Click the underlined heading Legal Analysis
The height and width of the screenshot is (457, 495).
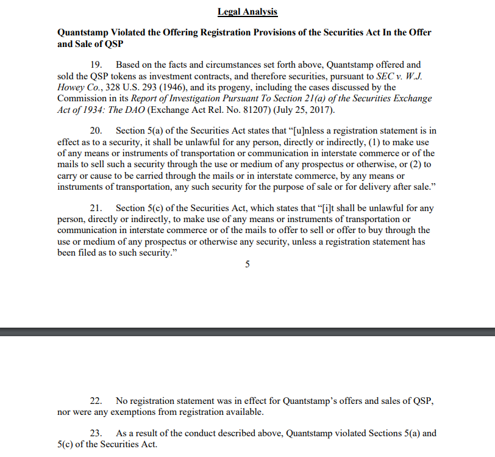click(247, 12)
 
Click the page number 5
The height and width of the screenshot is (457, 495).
click(247, 264)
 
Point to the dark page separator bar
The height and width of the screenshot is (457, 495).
click(247, 331)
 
